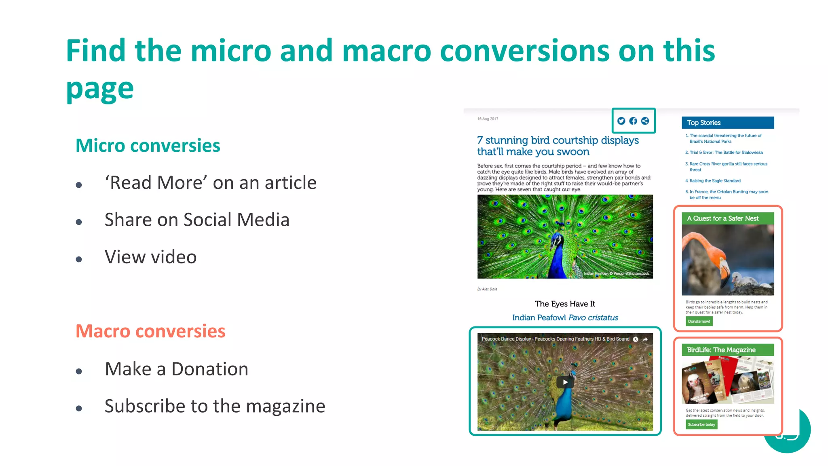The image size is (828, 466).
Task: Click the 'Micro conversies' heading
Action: [148, 146]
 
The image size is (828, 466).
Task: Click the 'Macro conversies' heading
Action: [150, 331]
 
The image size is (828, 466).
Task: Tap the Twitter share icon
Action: [621, 121]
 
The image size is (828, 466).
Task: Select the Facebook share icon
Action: [633, 121]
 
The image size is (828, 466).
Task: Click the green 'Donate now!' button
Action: [699, 321]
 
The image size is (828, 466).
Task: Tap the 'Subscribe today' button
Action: [701, 424]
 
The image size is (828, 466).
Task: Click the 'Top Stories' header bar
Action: [728, 123]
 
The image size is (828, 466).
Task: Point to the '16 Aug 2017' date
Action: [488, 119]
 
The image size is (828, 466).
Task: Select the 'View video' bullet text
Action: [150, 257]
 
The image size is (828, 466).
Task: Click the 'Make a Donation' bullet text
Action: [176, 369]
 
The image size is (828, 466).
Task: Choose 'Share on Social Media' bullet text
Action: [197, 220]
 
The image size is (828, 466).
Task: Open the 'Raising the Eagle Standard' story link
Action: [715, 181]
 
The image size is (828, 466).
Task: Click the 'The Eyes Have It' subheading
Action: [565, 304]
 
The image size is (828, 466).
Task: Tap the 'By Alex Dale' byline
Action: [487, 289]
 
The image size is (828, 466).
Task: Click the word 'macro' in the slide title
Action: [387, 51]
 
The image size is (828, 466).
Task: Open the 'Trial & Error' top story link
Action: [726, 153]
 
